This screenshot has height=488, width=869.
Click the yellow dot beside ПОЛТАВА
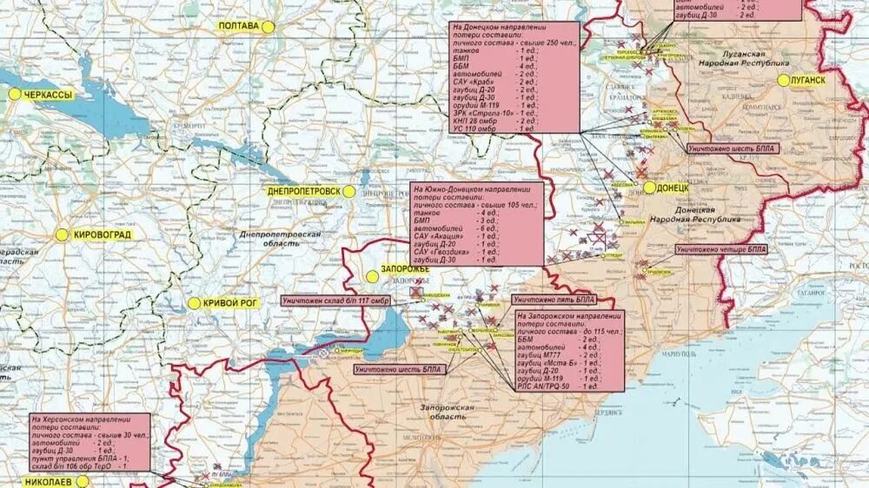269,27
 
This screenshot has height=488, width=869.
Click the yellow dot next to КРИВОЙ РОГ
195,303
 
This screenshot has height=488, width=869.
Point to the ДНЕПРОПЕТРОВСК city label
303,191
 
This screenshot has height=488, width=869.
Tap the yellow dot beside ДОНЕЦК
649,187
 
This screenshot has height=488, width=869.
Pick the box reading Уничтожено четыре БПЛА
721,249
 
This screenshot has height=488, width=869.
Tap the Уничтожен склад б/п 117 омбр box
335,300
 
